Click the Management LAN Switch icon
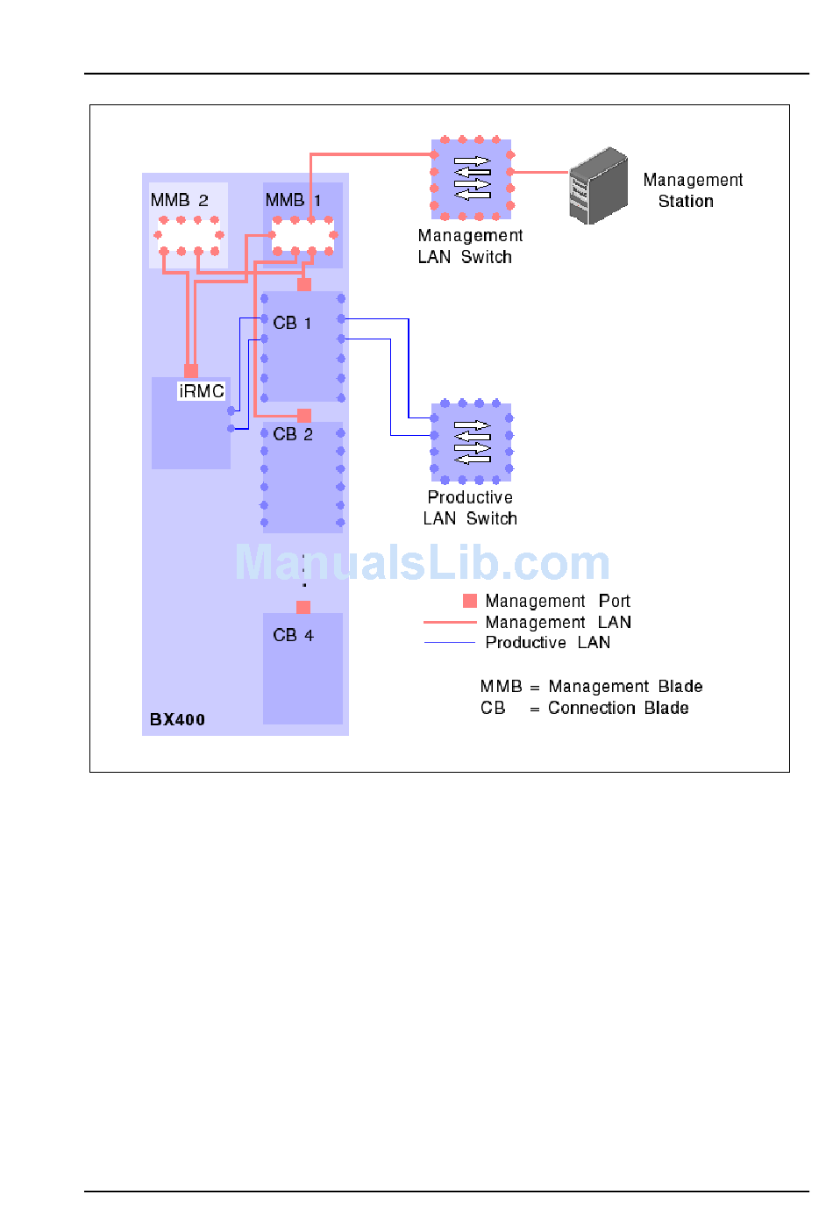tap(472, 178)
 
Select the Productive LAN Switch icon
tap(472, 442)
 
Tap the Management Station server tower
tap(598, 186)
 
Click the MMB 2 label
tap(179, 200)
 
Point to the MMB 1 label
tap(293, 200)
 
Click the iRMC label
tap(201, 391)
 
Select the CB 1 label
tap(292, 323)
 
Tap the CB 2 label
tap(292, 434)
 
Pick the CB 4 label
tap(293, 635)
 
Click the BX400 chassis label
tap(177, 719)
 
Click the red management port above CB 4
tap(303, 607)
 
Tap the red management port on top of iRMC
tap(191, 370)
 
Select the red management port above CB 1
tap(304, 284)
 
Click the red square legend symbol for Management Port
tap(470, 601)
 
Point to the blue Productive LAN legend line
tap(449, 643)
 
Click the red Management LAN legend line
tap(449, 622)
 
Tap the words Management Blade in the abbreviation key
tap(625, 686)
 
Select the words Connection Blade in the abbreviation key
tap(618, 708)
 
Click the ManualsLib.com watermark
tap(422, 562)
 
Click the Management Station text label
tap(692, 190)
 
